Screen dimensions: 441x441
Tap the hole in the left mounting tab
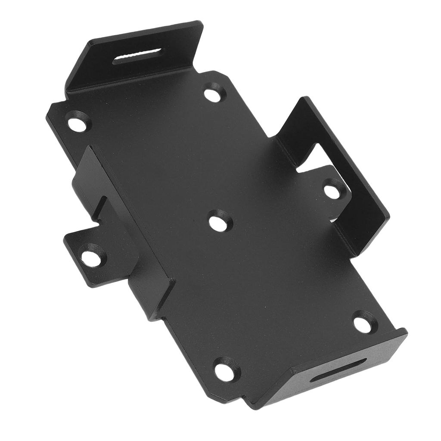coord(91,258)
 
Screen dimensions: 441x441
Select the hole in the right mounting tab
coord(332,192)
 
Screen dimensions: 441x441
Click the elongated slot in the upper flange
coord(138,56)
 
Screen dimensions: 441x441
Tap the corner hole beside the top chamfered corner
coord(213,94)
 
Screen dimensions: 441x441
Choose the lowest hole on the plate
coord(225,372)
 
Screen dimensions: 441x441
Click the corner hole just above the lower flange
coord(363,324)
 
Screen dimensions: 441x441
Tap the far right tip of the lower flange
coord(405,332)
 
